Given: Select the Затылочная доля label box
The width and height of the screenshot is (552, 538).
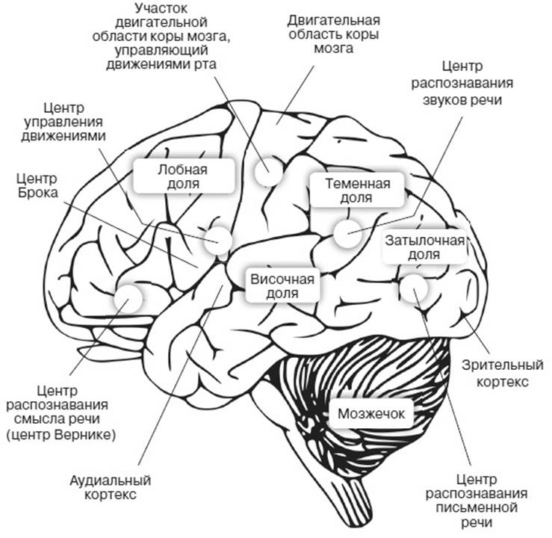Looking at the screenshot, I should click(424, 247).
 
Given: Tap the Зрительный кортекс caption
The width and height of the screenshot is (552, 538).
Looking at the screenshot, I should click(500, 374).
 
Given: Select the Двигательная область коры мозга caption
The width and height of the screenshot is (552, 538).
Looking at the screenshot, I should click(332, 32).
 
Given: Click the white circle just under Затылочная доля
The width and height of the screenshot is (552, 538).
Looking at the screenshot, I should click(413, 288).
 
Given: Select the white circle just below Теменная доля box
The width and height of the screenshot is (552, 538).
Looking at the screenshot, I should click(347, 234).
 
